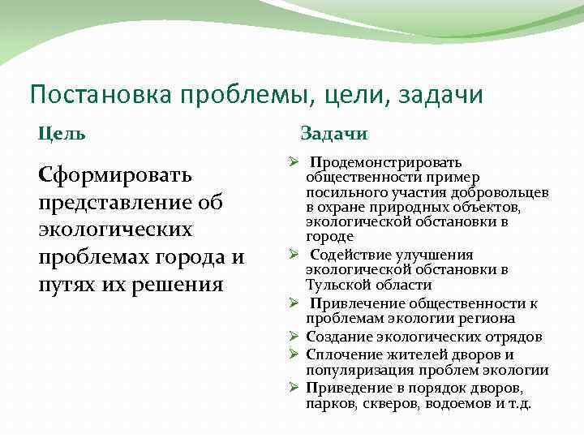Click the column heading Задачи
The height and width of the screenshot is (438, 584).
click(x=334, y=133)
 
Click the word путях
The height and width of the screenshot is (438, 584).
click(x=69, y=285)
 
